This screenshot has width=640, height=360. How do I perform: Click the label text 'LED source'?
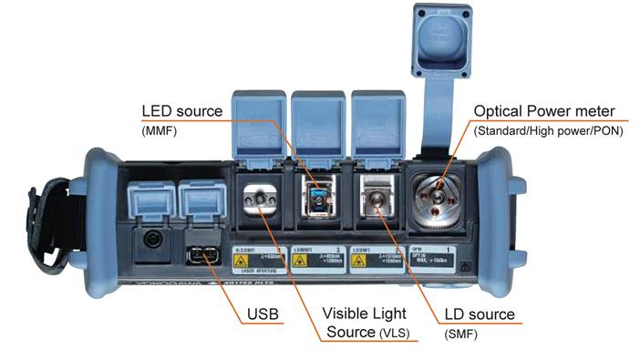181,111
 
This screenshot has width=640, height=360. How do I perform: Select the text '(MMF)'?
160,132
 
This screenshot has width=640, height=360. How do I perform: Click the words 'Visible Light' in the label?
363,313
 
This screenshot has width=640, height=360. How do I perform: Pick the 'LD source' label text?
479,314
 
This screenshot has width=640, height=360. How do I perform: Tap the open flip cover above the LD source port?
377,123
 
